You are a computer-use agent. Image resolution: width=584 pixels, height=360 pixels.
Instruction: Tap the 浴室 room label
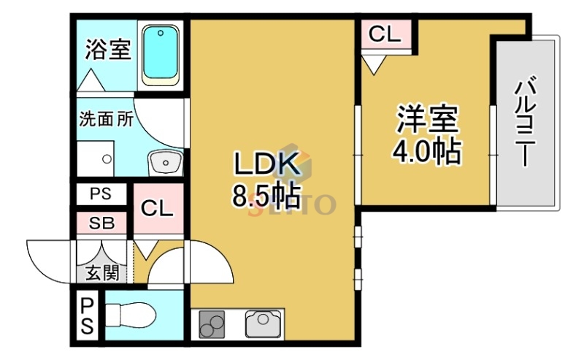(107, 50)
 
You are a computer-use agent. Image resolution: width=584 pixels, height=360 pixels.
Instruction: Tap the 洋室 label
(427, 120)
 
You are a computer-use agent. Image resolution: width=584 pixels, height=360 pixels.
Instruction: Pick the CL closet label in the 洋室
(385, 34)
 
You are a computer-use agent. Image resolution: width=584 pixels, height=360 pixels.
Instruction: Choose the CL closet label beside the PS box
(157, 209)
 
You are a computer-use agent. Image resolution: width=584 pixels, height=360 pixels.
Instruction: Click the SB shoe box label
(102, 223)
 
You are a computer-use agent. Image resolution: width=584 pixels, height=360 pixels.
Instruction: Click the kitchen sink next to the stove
(260, 321)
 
